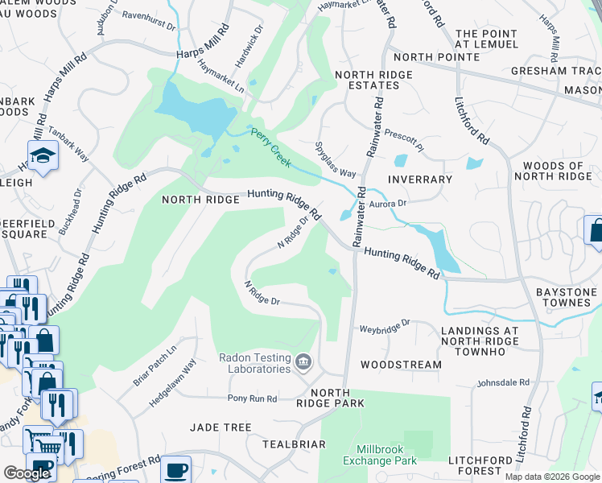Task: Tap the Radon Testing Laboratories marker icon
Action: click(x=303, y=361)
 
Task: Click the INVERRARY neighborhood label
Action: click(x=419, y=179)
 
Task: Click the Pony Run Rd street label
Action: click(x=252, y=398)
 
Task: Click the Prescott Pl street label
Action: click(x=403, y=138)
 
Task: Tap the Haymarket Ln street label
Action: click(x=220, y=77)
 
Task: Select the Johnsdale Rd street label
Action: click(x=503, y=383)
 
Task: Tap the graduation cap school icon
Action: click(x=42, y=155)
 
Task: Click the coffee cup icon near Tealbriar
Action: click(x=175, y=470)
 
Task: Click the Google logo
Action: click(x=27, y=473)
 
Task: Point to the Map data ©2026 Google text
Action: click(x=551, y=477)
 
